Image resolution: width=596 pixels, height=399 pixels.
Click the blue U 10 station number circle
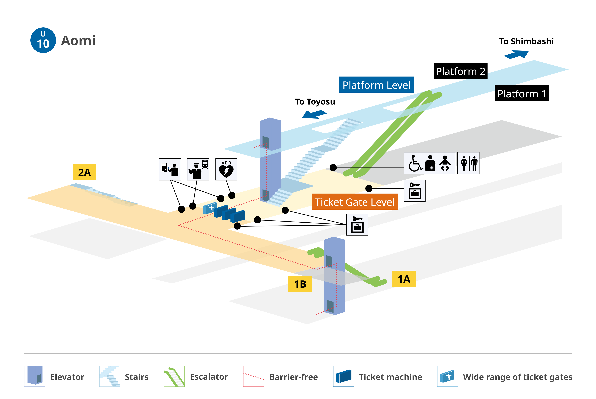43,40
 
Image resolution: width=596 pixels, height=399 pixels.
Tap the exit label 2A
84,172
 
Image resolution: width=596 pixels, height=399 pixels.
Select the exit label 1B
300,284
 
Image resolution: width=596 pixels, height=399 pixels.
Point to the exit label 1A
404,279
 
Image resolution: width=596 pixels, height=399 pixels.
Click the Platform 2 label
461,71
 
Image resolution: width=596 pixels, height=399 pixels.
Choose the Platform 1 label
522,93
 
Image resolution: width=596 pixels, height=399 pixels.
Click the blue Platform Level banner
377,85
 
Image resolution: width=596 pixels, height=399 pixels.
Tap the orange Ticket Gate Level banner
355,202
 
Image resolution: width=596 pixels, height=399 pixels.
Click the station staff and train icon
198,169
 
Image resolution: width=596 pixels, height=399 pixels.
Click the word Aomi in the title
78,40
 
